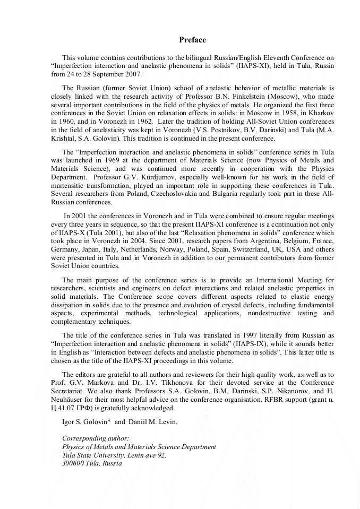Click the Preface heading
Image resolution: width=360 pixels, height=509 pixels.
(x=192, y=40)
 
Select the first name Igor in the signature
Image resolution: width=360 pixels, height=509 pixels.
(x=69, y=421)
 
